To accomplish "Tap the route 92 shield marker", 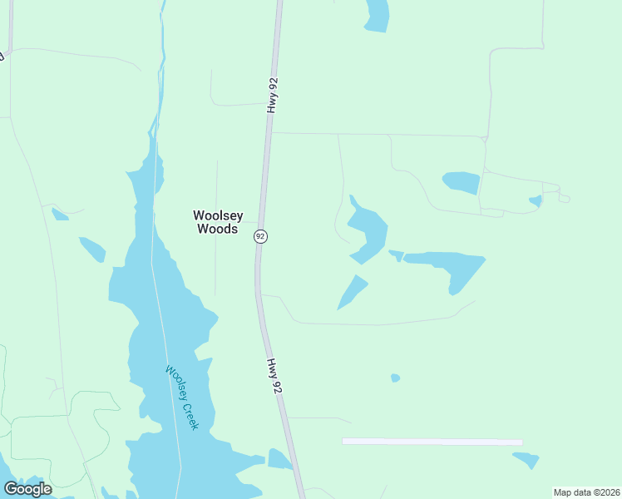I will point(260,236).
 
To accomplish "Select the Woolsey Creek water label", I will point(182,398).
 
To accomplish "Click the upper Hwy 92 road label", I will point(272,96).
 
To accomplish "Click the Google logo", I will point(27,488).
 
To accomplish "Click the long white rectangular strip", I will point(432,442).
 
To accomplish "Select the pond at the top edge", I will point(378,14).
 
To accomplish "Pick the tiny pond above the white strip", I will point(396,378).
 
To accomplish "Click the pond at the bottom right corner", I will point(527,459).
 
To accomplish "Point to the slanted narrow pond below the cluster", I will point(353,292).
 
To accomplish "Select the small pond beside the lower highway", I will point(279,459).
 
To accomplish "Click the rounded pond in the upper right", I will point(462,181).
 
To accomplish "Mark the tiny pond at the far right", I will point(536,200).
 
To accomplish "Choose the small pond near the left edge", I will point(60,215).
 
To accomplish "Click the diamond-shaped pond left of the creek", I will point(92,249).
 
